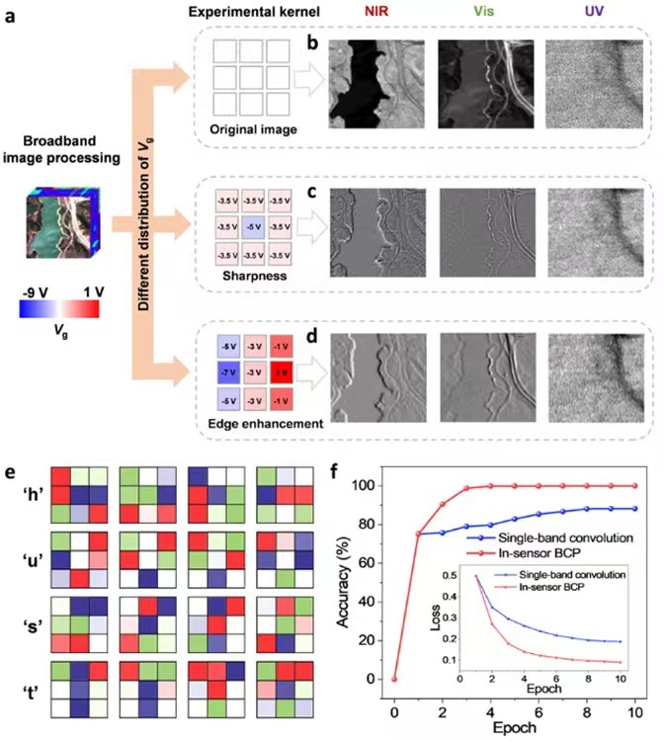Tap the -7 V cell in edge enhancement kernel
[229, 373]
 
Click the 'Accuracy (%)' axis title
[348, 583]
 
